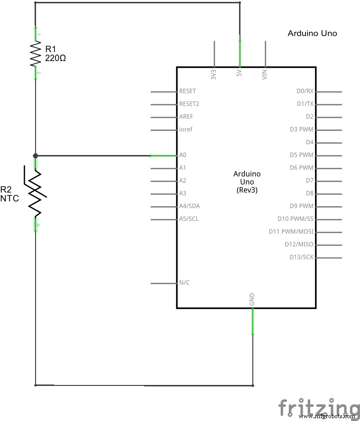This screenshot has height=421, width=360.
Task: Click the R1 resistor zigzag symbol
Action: [36, 54]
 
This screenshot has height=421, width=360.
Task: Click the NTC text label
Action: [9, 199]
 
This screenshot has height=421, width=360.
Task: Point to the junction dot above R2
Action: [36, 155]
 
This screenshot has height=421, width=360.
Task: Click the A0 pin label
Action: [183, 155]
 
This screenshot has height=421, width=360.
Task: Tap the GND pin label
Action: [252, 299]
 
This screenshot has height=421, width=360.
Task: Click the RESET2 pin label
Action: [189, 104]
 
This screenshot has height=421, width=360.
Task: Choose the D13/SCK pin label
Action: [302, 257]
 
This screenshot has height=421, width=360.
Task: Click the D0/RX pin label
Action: [305, 91]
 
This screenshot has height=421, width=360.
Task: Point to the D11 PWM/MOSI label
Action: [291, 232]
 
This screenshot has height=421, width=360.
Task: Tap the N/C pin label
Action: [185, 283]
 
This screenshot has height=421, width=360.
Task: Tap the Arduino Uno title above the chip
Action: [312, 34]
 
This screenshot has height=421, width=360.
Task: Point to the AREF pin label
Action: [186, 117]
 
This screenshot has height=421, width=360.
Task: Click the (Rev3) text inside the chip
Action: [247, 190]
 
